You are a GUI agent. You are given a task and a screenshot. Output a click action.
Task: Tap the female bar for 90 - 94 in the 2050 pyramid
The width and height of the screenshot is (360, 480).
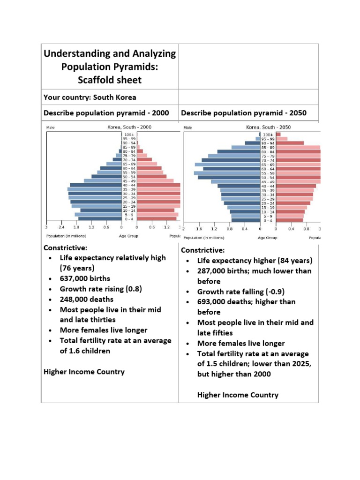pos(290,143)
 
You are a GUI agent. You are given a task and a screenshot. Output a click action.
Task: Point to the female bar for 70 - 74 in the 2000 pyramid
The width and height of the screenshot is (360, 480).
pos(144,159)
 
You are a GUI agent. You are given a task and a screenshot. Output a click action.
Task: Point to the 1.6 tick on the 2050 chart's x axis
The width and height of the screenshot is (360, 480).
pos(199,229)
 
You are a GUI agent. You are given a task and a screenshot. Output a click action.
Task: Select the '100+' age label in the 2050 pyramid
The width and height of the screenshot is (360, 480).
pos(268,135)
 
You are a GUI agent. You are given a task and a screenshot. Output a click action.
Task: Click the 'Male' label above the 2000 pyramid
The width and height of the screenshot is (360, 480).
pos(50,127)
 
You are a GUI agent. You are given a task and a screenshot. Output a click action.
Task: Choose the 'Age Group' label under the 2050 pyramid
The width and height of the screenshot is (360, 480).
pos(268,238)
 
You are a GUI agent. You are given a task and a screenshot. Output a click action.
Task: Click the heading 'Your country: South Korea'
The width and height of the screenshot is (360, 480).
pos(90,97)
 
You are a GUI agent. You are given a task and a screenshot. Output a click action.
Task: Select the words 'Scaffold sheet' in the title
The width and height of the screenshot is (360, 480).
pos(110,80)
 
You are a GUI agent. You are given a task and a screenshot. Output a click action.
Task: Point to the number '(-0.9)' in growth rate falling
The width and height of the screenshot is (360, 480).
pos(267,292)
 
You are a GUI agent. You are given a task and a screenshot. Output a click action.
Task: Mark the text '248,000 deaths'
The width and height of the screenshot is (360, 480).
pos(87,299)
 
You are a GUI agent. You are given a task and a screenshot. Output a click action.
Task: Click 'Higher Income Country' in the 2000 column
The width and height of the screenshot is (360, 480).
pos(84,372)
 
